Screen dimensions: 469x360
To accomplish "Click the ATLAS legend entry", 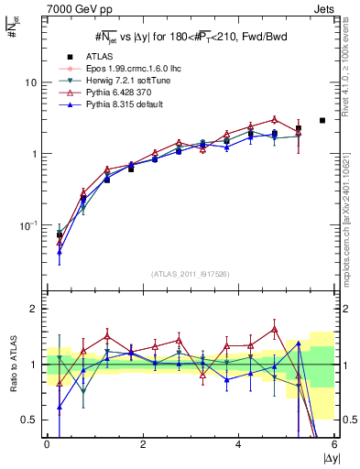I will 98,56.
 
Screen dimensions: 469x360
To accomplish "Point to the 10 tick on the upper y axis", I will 31,82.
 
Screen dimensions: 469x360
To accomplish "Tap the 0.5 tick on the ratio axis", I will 30,420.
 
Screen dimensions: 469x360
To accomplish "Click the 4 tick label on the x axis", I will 238,444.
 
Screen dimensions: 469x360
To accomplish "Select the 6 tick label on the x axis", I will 333,444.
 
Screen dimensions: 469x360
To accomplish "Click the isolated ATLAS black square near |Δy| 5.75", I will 322,120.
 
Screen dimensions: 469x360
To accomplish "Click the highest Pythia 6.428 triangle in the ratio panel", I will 274,328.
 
